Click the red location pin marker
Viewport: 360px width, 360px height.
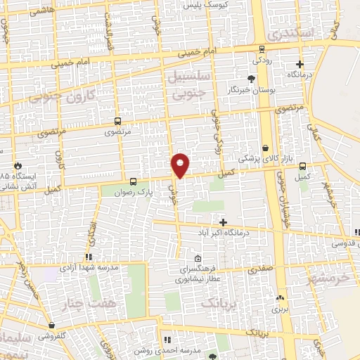click(181, 165)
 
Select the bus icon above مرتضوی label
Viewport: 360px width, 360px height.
click(117, 120)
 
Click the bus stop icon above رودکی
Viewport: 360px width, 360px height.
click(262, 49)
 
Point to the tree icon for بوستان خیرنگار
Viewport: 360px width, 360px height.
click(251, 78)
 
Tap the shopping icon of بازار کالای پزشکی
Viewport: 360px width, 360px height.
click(265, 148)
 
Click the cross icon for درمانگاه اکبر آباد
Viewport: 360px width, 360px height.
click(223, 222)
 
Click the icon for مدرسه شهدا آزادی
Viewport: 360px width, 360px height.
click(88, 257)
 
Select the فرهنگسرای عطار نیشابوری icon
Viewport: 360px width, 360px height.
click(197, 258)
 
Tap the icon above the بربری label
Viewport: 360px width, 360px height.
click(281, 298)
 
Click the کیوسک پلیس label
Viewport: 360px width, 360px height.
click(204, 5)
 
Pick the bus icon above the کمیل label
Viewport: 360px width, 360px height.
click(302, 167)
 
